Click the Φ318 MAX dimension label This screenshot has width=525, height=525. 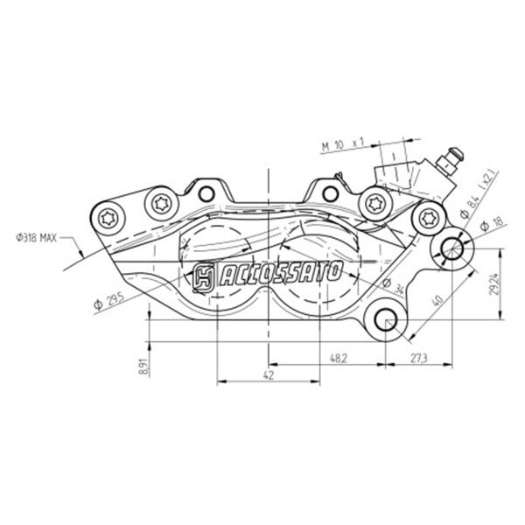[37, 238]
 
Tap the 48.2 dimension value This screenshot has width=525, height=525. [338, 358]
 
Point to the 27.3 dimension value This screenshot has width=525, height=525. [419, 358]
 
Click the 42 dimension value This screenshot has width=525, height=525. [269, 375]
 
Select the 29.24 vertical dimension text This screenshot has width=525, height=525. [495, 284]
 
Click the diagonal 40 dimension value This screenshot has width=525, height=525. [437, 300]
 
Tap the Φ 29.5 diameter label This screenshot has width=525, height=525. [109, 300]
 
